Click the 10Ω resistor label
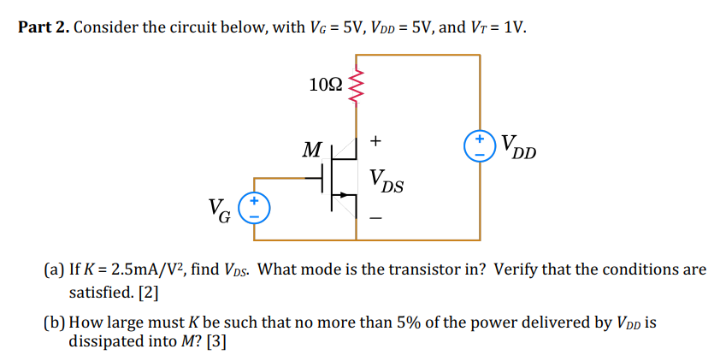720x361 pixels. (326, 84)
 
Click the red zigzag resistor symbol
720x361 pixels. (356, 84)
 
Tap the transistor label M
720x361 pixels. (312, 151)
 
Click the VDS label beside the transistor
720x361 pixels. (387, 181)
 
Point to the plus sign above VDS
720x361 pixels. (377, 139)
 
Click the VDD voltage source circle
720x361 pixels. (480, 145)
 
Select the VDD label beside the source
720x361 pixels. (518, 147)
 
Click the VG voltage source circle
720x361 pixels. (254, 208)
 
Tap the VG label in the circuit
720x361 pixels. (218, 209)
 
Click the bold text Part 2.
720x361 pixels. (43, 27)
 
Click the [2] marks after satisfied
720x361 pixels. (148, 292)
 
